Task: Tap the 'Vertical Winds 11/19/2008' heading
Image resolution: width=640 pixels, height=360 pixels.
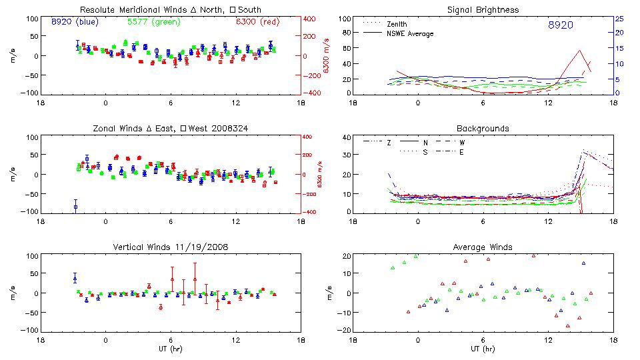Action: [x=170, y=247]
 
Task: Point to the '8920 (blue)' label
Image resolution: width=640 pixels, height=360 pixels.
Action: [x=75, y=21]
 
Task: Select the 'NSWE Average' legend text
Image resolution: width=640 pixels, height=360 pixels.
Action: [x=415, y=33]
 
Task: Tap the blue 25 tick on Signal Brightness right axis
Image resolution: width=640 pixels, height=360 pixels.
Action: [x=619, y=19]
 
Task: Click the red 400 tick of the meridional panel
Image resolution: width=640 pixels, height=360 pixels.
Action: [x=310, y=19]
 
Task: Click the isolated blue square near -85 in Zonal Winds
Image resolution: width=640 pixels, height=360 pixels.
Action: [x=75, y=207]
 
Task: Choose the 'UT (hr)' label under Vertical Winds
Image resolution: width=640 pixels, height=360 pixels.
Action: [x=170, y=349]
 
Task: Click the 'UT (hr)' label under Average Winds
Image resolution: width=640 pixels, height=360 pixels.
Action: [x=483, y=349]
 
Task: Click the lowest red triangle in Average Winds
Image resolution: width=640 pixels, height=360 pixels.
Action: [x=568, y=326]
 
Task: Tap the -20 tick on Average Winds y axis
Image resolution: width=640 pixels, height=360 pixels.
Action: [x=346, y=331]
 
